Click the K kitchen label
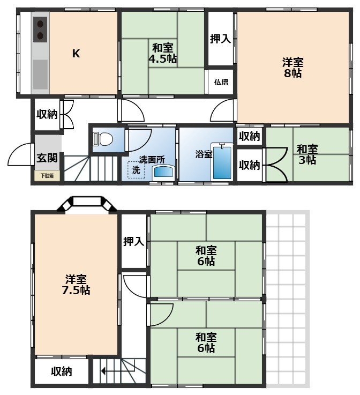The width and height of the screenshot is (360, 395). point(76,54)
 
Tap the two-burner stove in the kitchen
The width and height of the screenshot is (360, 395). point(40,29)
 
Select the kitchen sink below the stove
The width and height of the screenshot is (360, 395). point(40,74)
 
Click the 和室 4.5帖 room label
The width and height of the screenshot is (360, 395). point(163,53)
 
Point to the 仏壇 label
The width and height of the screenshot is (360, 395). point(221,83)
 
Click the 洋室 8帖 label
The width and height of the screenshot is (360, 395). point(292,68)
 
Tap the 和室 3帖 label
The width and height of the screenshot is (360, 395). point(307,154)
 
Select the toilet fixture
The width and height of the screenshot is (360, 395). point(103,139)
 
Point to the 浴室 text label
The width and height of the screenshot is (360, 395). point(204,154)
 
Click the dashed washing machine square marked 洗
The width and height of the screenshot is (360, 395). point(136,170)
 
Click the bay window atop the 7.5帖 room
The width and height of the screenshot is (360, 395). point(87,203)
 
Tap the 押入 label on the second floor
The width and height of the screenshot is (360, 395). point(133,242)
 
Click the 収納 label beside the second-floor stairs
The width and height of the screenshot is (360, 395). point(62,371)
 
